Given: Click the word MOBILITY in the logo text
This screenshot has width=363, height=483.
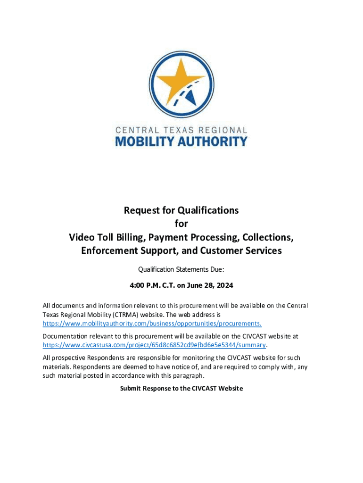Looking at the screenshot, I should coord(148,141).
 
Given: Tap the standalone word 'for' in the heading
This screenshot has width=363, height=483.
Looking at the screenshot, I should coord(181,224).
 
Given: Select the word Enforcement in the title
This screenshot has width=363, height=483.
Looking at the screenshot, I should coord(107,250).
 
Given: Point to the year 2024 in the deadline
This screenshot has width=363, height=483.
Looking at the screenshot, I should coord(224,286).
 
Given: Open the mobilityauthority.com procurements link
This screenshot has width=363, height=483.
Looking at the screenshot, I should coord(152,323).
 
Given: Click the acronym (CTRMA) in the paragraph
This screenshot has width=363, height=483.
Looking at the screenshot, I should coord(126,314).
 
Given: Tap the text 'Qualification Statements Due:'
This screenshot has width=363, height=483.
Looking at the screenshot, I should coord(181,270).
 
